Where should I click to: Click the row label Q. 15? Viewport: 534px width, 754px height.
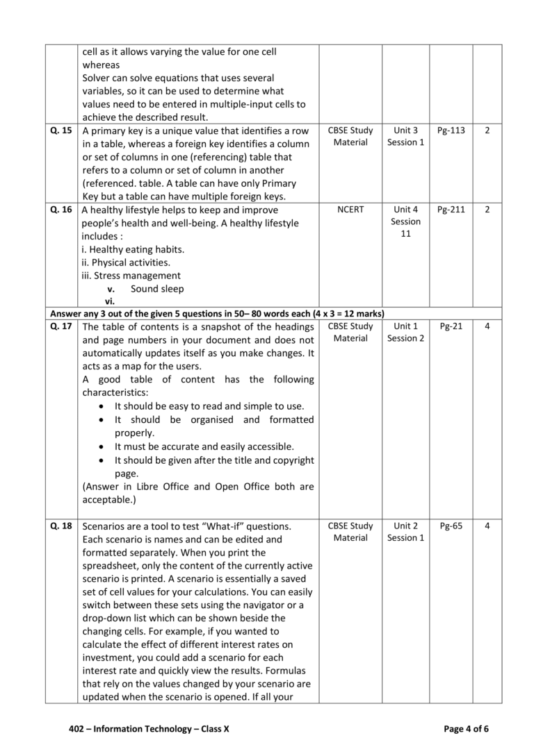(61, 131)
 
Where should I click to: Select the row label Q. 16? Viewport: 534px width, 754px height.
(61, 210)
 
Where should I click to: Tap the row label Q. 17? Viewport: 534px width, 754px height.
(61, 326)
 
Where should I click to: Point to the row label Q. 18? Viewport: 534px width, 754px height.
(61, 526)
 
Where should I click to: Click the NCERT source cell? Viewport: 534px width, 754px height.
(350, 210)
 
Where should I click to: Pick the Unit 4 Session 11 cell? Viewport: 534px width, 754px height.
(405, 221)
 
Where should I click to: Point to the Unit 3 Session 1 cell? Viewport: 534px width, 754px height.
(405, 136)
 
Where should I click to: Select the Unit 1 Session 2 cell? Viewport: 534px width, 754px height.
(405, 332)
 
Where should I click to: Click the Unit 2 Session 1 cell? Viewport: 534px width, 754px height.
(405, 532)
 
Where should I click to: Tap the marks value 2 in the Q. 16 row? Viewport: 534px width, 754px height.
(487, 210)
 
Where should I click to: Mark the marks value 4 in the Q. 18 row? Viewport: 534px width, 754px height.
(487, 526)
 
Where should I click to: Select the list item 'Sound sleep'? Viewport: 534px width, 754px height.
(157, 289)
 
